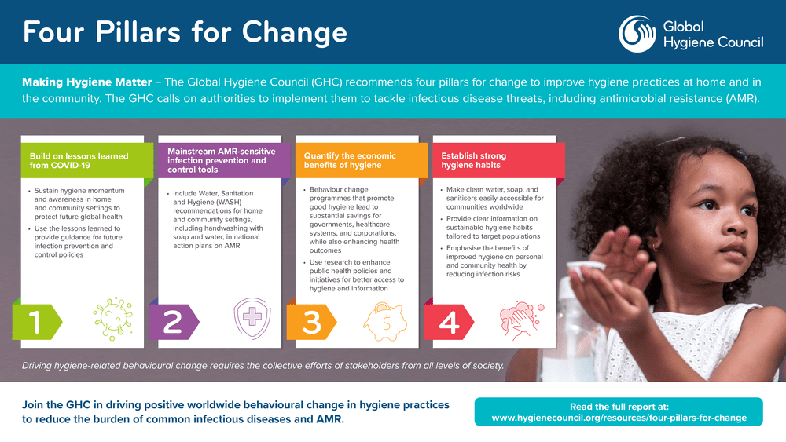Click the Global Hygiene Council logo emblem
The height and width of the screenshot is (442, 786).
(637, 34)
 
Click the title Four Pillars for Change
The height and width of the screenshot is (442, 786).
(185, 32)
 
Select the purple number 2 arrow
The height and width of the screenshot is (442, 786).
(173, 322)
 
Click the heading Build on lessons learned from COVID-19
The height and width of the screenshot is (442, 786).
(79, 161)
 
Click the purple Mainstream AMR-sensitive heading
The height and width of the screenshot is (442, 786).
(217, 159)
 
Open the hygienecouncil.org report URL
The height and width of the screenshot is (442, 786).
(619, 418)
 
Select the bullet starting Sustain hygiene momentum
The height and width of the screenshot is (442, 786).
(79, 203)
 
